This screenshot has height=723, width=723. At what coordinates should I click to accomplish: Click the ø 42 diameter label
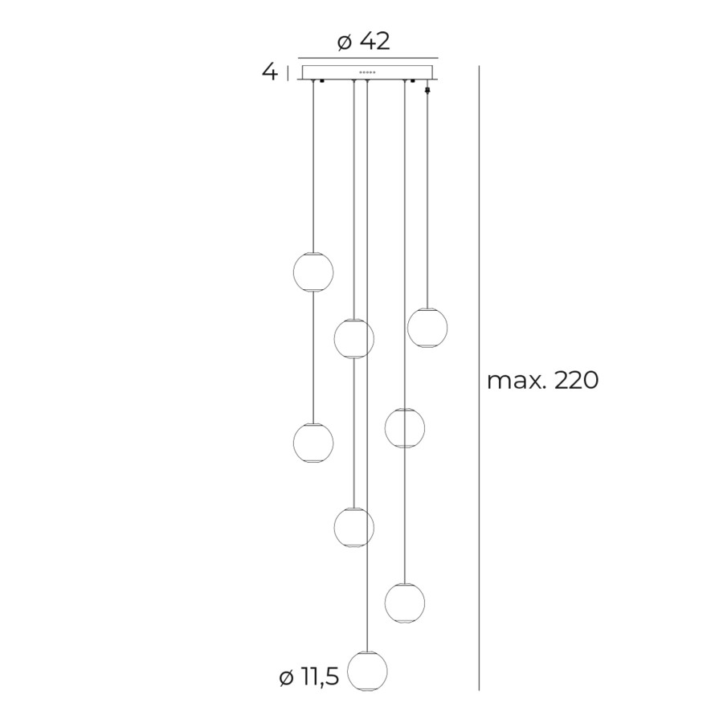pos(364,42)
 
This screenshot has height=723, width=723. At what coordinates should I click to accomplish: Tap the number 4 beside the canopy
pos(270,72)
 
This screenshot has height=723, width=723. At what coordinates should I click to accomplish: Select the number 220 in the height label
pos(576,381)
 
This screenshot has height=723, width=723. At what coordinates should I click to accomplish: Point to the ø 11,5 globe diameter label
pos(309,677)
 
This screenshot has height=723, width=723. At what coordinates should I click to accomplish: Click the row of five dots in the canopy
pos(368,72)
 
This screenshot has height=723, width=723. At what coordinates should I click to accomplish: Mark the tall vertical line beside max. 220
pos(480,378)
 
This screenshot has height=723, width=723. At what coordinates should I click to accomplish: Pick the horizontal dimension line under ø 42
pos(368,58)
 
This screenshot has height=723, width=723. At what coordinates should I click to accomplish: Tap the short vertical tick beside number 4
pos(288,73)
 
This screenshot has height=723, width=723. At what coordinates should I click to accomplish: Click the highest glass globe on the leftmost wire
pos(313,272)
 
